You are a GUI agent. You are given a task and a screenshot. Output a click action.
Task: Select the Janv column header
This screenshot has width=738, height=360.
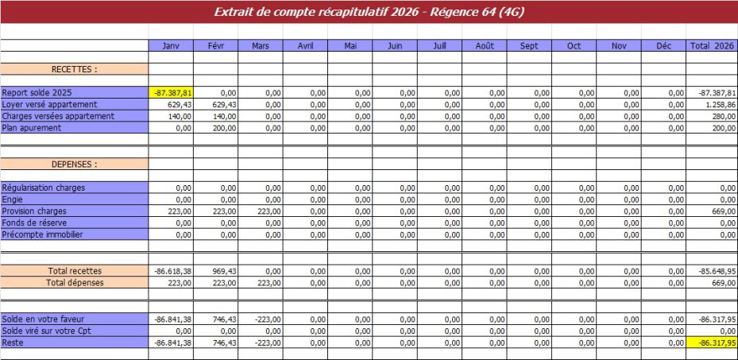pyautogui.click(x=171, y=46)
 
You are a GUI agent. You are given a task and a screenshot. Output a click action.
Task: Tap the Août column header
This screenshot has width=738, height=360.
pyautogui.click(x=485, y=46)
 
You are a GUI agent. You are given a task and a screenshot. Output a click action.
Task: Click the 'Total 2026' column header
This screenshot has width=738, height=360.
pyautogui.click(x=712, y=46)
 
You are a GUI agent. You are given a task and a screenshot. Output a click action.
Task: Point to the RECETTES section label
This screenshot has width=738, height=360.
pyautogui.click(x=74, y=69)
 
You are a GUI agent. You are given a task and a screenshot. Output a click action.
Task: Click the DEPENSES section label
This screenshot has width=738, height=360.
pyautogui.click(x=74, y=165)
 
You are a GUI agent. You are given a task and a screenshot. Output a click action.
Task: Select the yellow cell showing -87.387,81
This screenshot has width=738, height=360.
pyautogui.click(x=171, y=92)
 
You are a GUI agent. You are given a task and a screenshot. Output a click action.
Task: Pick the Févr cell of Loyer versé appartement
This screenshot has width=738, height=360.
pyautogui.click(x=215, y=104)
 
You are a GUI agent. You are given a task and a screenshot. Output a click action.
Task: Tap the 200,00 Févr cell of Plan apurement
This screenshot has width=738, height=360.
pyautogui.click(x=215, y=128)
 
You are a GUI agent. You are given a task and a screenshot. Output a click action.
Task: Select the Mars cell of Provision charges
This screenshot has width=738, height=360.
pyautogui.click(x=261, y=211)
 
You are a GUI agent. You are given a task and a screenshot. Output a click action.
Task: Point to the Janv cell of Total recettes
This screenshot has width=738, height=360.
pyautogui.click(x=171, y=271)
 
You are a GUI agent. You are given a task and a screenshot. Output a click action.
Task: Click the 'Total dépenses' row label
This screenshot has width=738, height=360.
pyautogui.click(x=74, y=282)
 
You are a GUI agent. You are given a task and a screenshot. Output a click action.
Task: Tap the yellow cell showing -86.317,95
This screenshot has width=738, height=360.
pyautogui.click(x=712, y=343)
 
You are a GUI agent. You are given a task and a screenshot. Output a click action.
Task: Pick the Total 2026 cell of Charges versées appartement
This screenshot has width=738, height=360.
pyautogui.click(x=712, y=116)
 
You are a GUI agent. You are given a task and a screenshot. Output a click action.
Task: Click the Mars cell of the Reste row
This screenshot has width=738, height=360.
pyautogui.click(x=261, y=343)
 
